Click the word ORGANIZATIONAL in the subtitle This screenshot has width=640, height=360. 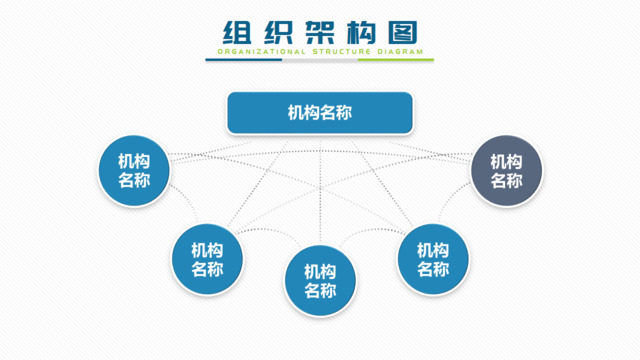(x=256, y=50)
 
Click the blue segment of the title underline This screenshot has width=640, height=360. (x=244, y=59)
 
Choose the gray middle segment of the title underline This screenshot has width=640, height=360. (x=320, y=59)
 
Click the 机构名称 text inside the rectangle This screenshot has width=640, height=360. (x=320, y=113)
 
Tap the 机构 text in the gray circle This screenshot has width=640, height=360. (x=507, y=161)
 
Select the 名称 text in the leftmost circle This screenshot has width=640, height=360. (x=134, y=182)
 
